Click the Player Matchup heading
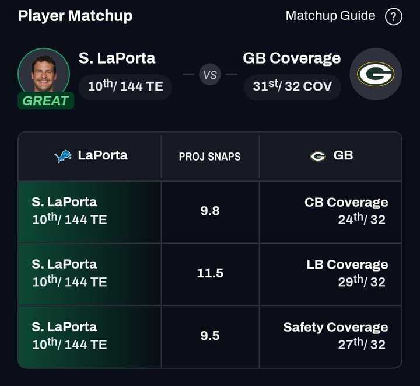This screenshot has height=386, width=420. pyautogui.click(x=75, y=16)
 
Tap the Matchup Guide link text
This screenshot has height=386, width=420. pyautogui.click(x=330, y=16)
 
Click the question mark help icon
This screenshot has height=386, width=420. pyautogui.click(x=394, y=16)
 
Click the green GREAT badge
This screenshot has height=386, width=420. pyautogui.click(x=45, y=100)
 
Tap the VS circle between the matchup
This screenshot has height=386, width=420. pyautogui.click(x=210, y=75)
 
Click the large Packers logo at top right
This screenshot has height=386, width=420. pyautogui.click(x=376, y=74)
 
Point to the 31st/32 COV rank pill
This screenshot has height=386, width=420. pyautogui.click(x=292, y=86)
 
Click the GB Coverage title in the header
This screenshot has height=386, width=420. pyautogui.click(x=292, y=58)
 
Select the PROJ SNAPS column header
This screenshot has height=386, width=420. pyautogui.click(x=209, y=157)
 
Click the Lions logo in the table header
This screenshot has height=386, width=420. pyautogui.click(x=63, y=156)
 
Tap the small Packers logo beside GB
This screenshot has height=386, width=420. pyautogui.click(x=318, y=156)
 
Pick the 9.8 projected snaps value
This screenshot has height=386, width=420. pyautogui.click(x=210, y=211)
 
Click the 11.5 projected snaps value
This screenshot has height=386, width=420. pyautogui.click(x=210, y=273)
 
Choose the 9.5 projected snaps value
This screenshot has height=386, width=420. pyautogui.click(x=210, y=335)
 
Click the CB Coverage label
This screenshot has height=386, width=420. pyautogui.click(x=346, y=202)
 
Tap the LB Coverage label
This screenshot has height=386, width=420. pyautogui.click(x=347, y=265)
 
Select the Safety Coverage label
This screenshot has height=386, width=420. pyautogui.click(x=335, y=327)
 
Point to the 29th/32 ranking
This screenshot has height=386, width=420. pyautogui.click(x=362, y=281)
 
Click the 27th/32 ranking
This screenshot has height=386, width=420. pyautogui.click(x=362, y=344)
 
